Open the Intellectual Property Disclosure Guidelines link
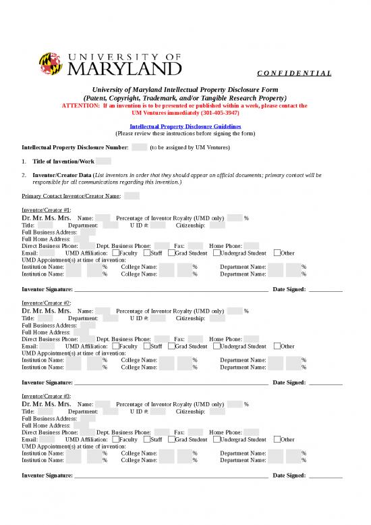[185, 126]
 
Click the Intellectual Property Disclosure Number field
[139, 147]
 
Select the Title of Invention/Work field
[103, 161]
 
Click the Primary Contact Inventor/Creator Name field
[132, 196]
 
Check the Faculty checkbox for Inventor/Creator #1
[114, 253]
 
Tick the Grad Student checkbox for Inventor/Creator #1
[171, 253]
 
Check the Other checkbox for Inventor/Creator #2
[277, 346]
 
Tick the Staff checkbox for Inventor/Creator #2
[146, 346]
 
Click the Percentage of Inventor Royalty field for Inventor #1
[234, 218]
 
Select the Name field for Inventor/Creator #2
[103, 311]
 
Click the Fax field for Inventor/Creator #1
[195, 246]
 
